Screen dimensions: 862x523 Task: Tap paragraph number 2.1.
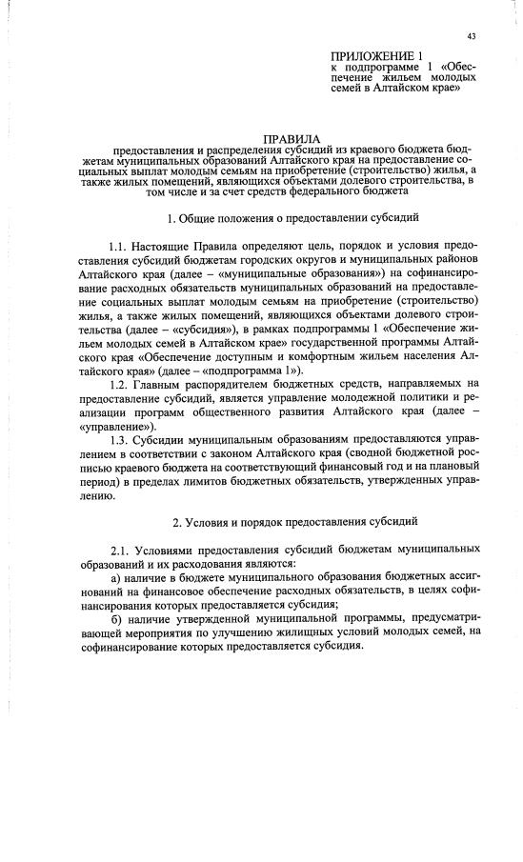(x=121, y=550)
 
